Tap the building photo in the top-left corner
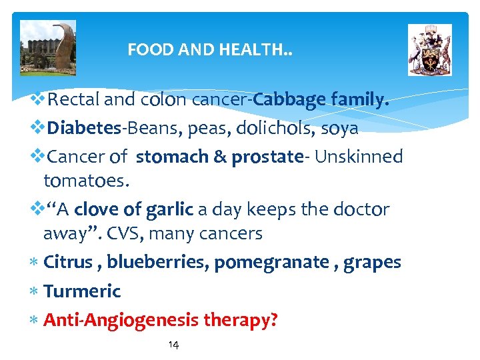(48, 47)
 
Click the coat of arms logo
(429, 49)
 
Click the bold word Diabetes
(84, 127)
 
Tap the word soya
(339, 127)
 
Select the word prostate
(267, 157)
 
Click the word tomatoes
(86, 181)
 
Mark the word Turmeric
(82, 291)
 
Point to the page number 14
(173, 345)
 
